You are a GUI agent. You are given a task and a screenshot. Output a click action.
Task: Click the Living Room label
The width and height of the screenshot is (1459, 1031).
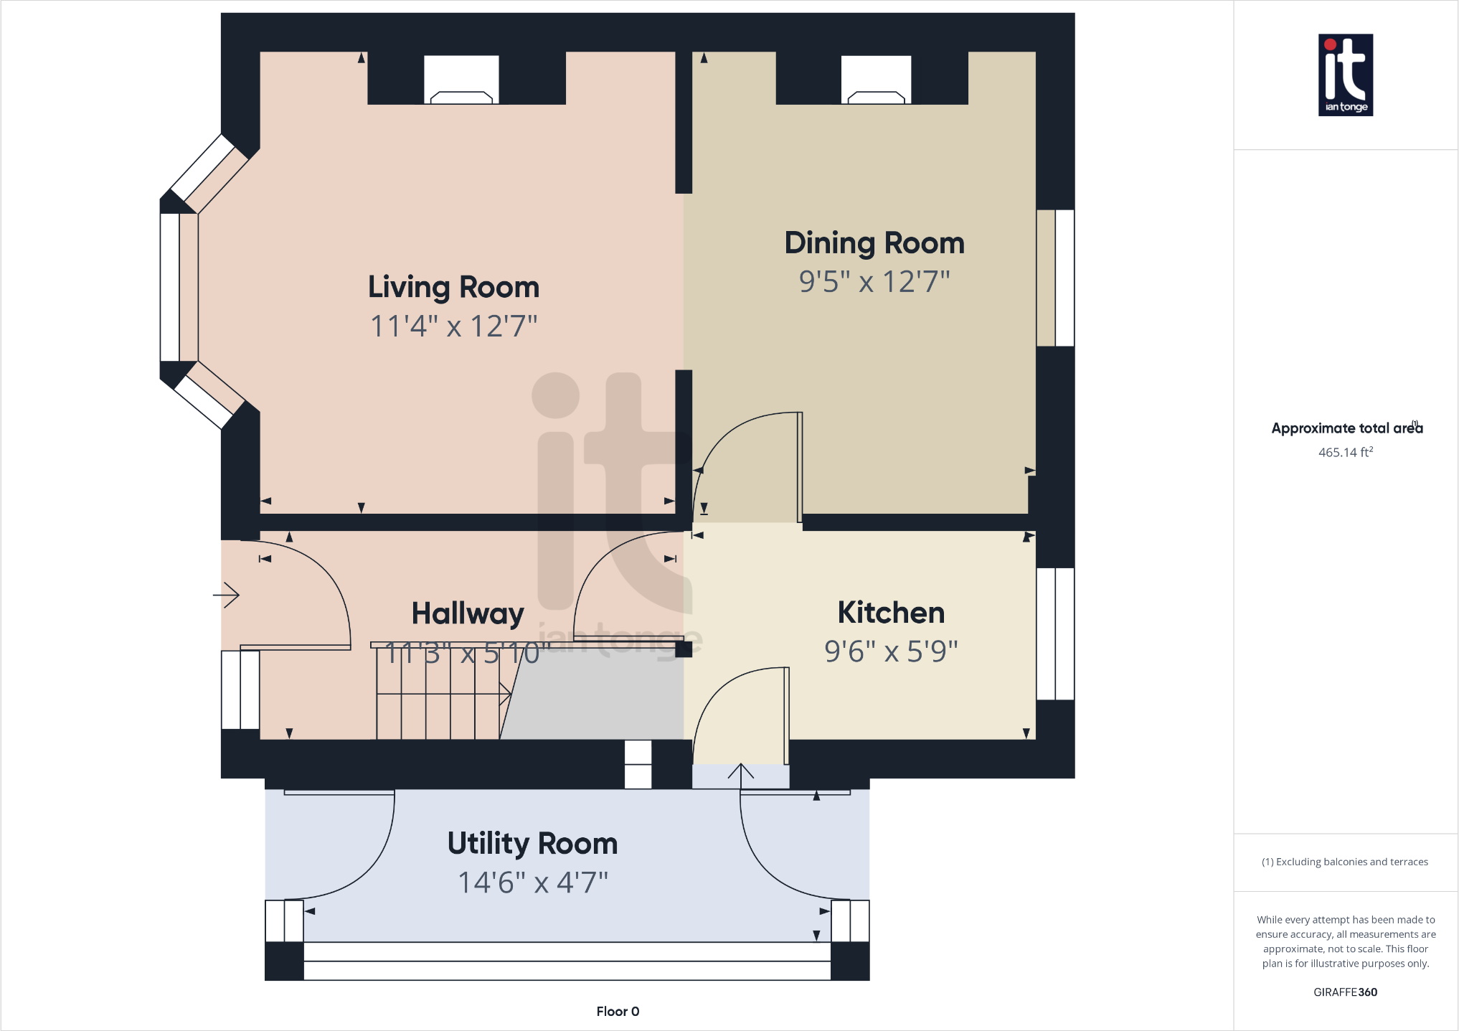pyautogui.click(x=453, y=287)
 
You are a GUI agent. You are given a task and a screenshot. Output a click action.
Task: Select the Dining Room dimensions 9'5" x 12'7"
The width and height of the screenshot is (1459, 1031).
pyautogui.click(x=874, y=282)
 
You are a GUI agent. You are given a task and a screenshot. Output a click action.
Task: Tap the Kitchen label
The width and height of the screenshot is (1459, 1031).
pyautogui.click(x=890, y=613)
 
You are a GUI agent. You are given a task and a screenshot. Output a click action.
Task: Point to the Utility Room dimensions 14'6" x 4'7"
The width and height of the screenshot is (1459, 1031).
pyautogui.click(x=532, y=882)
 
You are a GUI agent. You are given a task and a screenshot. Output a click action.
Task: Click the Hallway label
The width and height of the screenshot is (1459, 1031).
pyautogui.click(x=467, y=613)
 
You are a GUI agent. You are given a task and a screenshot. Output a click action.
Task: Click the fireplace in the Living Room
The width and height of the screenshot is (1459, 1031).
pyautogui.click(x=461, y=81)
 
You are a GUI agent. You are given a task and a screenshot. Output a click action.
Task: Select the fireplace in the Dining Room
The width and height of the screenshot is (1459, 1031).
pyautogui.click(x=876, y=81)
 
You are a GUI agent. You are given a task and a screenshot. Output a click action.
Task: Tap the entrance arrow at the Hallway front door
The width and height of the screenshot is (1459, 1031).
pyautogui.click(x=227, y=595)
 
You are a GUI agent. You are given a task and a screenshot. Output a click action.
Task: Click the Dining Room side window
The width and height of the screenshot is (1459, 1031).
pyautogui.click(x=1055, y=278)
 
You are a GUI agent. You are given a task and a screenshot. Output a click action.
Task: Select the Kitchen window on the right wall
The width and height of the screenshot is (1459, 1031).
pyautogui.click(x=1055, y=634)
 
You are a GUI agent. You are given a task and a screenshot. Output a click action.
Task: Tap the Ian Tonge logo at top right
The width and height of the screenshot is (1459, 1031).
pyautogui.click(x=1345, y=75)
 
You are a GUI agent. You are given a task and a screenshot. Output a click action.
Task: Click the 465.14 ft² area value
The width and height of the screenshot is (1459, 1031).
pyautogui.click(x=1345, y=452)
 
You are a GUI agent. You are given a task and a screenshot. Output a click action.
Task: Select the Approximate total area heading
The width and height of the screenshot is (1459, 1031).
pyautogui.click(x=1346, y=428)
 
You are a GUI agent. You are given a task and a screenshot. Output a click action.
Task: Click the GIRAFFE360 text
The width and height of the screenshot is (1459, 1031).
pyautogui.click(x=1345, y=992)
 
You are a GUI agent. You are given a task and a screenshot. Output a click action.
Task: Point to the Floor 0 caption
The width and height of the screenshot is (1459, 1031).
pyautogui.click(x=618, y=1011)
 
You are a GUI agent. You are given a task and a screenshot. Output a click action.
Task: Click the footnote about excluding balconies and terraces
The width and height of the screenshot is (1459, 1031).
pyautogui.click(x=1344, y=862)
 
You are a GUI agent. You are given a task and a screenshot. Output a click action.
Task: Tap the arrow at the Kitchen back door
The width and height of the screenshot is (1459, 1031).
pyautogui.click(x=741, y=773)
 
